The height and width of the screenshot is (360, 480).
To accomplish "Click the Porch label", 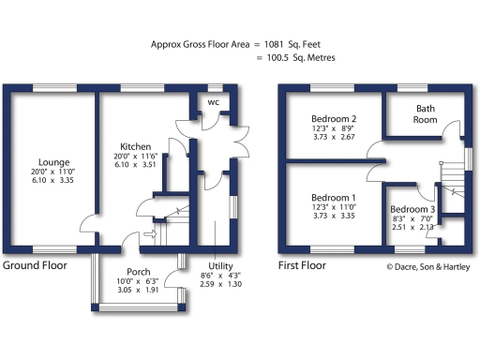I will click(x=138, y=271).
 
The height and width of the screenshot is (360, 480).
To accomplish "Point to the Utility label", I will click(x=220, y=265).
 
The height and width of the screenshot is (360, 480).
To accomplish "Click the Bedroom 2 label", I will click(x=333, y=119).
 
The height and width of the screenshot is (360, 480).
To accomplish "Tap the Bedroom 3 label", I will click(x=412, y=208).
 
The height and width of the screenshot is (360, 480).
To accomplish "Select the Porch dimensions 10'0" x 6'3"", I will click(x=138, y=282).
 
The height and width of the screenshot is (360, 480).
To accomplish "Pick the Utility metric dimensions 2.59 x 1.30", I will click(x=220, y=284).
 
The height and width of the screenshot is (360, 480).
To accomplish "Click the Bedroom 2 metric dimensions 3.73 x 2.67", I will click(x=333, y=137).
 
